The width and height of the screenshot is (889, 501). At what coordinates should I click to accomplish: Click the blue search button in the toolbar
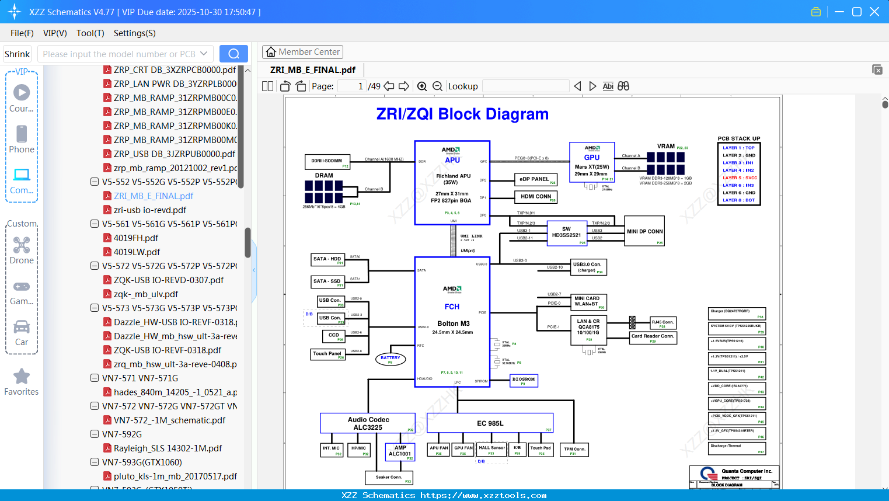233,54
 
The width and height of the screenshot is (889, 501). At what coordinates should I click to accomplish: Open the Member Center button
302,52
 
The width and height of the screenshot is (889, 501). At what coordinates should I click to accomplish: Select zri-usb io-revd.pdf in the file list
150,210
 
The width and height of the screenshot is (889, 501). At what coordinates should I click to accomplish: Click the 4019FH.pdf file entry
136,238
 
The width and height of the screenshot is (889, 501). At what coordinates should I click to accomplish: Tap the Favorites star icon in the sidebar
22,377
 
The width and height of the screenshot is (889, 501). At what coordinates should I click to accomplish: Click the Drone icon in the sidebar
22,245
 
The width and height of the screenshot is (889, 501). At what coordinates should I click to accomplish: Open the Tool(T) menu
90,33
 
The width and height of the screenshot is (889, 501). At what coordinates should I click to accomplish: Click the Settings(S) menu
134,33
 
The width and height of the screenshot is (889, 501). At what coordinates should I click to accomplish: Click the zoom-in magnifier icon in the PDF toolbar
422,86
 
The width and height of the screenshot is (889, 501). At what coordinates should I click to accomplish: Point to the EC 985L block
490,423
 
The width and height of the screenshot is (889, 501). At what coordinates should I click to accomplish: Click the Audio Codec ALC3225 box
368,423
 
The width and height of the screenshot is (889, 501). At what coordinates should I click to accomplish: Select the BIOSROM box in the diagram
524,381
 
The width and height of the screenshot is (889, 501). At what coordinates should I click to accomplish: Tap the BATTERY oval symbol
391,359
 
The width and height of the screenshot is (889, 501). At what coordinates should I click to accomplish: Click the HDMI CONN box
536,197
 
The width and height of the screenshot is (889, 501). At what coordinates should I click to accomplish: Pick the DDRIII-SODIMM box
327,162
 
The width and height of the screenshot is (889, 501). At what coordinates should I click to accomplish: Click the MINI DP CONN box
644,232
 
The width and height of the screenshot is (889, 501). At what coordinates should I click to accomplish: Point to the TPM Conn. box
574,450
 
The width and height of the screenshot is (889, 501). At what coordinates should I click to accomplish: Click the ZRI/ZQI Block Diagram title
462,114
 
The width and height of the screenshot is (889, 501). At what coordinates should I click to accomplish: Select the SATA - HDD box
328,260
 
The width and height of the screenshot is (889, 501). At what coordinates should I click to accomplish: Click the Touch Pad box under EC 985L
541,450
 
